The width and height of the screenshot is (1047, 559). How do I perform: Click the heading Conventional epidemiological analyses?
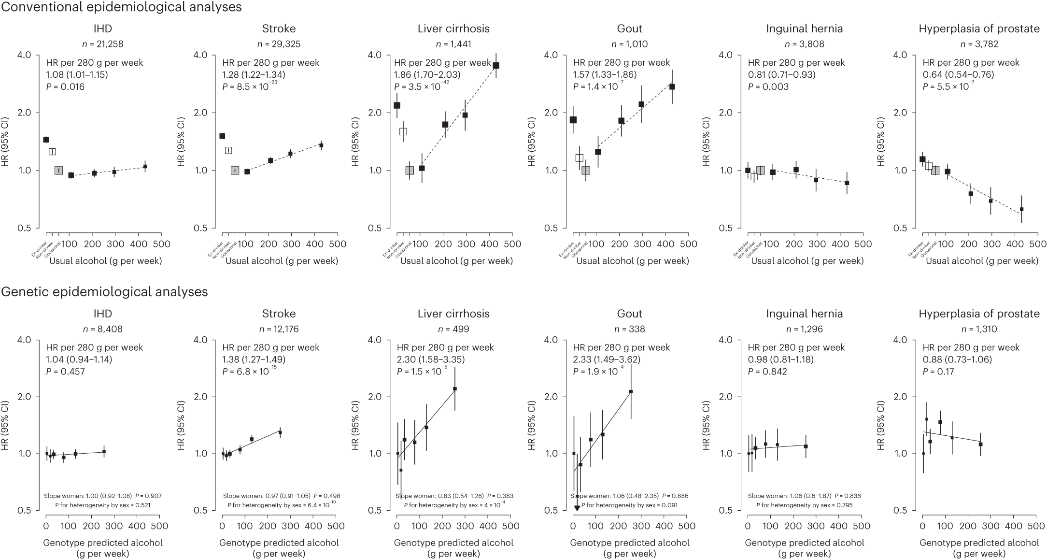pos(121,7)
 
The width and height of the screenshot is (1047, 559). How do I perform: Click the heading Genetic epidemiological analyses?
pos(104,292)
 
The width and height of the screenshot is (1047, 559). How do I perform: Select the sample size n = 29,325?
pos(279,44)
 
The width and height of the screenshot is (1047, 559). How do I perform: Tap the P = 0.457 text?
pos(65,372)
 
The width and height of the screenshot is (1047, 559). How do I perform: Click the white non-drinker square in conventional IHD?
pos(52,152)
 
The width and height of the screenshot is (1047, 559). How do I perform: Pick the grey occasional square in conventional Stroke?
pos(235,171)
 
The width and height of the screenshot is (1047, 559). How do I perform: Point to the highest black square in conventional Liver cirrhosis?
pos(496,65)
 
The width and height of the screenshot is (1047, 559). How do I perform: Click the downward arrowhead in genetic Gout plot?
pos(577,508)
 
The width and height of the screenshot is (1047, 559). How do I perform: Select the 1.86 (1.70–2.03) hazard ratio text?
pos(427,75)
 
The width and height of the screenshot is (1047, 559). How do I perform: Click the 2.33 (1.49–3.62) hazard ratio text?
pos(606,359)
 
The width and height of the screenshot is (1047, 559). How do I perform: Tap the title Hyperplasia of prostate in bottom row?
pos(979,314)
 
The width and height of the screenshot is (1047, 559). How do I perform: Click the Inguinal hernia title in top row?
pos(804,29)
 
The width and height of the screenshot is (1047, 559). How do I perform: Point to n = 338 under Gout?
pos(629,329)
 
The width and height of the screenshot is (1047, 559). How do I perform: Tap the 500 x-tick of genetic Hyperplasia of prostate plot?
pos(1035,526)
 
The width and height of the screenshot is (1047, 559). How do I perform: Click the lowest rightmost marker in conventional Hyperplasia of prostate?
pos(1021,209)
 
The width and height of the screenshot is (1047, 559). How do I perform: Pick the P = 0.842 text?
pos(767,372)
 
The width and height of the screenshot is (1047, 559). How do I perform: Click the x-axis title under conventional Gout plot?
pos(633,261)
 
